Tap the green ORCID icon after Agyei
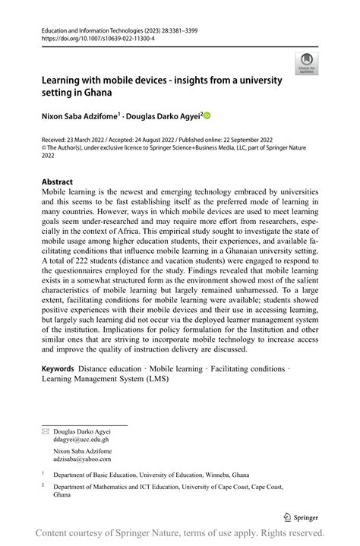pyautogui.click(x=206, y=115)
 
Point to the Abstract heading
pyautogui.click(x=58, y=182)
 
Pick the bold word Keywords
pyautogui.click(x=59, y=368)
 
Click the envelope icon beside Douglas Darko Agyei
pyautogui.click(x=45, y=431)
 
